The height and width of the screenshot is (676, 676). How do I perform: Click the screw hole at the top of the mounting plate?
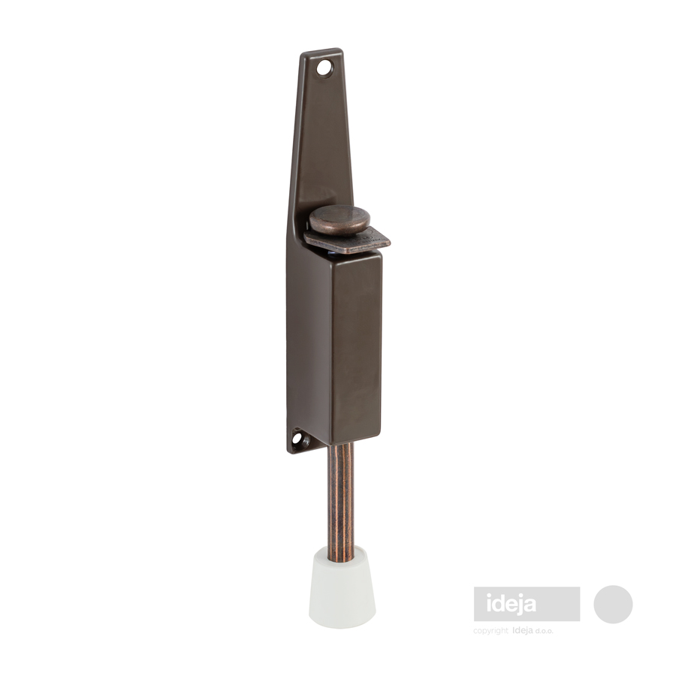pyautogui.click(x=324, y=68)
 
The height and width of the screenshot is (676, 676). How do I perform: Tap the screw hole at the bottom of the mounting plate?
pyautogui.click(x=297, y=439)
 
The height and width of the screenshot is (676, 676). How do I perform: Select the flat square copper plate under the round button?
pyautogui.click(x=347, y=240)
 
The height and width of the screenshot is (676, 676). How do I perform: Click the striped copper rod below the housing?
pyautogui.click(x=340, y=501)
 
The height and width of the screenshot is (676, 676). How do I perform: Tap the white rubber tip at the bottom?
pyautogui.click(x=342, y=587)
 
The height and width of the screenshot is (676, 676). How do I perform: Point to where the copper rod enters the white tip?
pyautogui.click(x=340, y=559)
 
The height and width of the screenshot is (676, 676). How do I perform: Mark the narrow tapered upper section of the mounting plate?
pyautogui.click(x=322, y=129)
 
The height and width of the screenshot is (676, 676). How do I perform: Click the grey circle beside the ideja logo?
pyautogui.click(x=613, y=604)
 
